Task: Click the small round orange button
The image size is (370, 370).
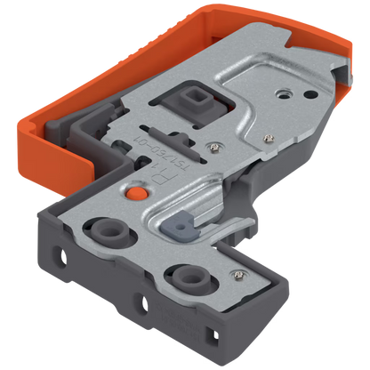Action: [135, 190]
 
